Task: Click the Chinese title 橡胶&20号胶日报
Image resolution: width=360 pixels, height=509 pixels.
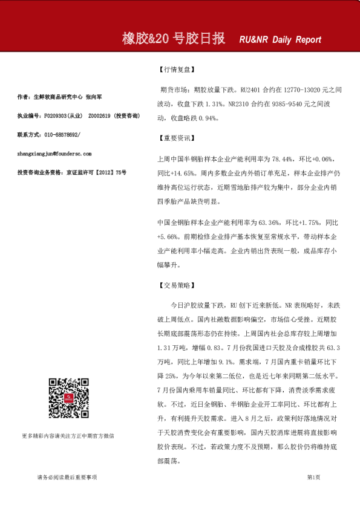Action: coord(173,39)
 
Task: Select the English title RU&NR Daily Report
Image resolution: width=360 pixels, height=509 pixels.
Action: coord(280,40)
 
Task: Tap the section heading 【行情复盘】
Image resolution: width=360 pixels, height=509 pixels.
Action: coord(175,70)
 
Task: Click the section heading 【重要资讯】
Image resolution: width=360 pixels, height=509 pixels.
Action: coord(175,138)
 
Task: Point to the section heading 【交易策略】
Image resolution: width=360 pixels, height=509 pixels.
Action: coord(175,285)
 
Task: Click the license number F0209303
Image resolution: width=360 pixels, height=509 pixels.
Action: coord(56,115)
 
